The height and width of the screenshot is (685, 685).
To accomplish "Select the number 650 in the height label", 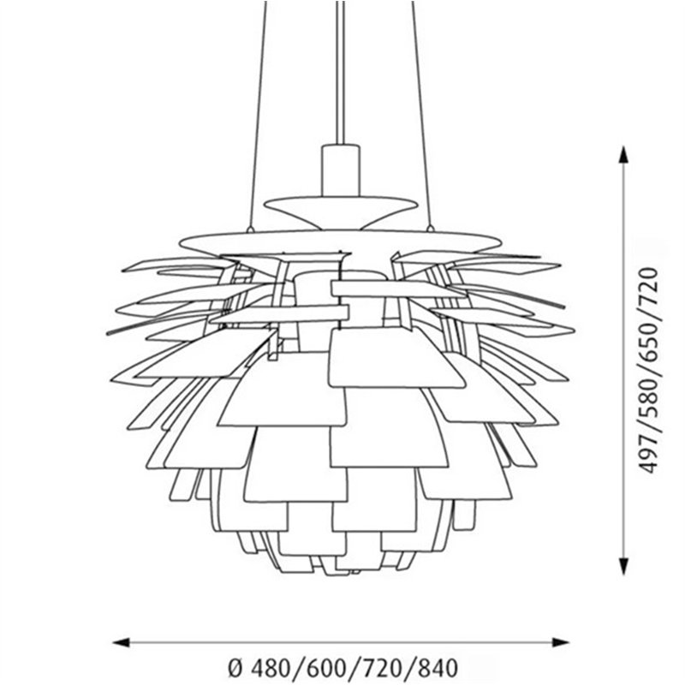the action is [x=648, y=344].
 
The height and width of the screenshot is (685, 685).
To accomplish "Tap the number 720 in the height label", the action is [x=648, y=289].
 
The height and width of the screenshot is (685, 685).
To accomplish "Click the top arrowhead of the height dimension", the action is [x=623, y=155].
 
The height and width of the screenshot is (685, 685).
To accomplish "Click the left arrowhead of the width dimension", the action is [x=122, y=642].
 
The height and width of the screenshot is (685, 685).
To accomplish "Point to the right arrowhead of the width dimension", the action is [x=560, y=642].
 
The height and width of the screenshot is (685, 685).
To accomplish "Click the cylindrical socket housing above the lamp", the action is [x=341, y=170].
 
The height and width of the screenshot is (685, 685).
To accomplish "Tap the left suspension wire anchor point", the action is [x=250, y=229].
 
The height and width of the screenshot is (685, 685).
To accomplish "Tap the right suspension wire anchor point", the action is [x=431, y=228].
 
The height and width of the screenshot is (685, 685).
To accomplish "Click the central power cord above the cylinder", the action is [x=341, y=73].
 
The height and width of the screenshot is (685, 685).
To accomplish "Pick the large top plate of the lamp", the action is [x=341, y=241].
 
